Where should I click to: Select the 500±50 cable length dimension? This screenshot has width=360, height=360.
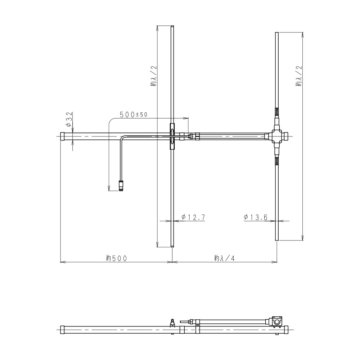pyautogui.click(x=134, y=114)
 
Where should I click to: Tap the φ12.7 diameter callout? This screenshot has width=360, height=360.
pyautogui.click(x=193, y=217)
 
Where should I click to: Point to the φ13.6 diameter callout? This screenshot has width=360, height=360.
pyautogui.click(x=256, y=217)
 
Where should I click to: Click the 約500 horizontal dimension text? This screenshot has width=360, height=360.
pyautogui.click(x=116, y=258)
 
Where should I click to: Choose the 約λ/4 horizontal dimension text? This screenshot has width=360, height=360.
pyautogui.click(x=225, y=258)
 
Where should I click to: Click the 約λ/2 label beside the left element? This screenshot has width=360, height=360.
pyautogui.click(x=153, y=76)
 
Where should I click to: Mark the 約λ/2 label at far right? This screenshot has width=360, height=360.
pyautogui.click(x=299, y=76)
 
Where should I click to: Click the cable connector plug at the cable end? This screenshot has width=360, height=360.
pyautogui.click(x=121, y=186)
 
